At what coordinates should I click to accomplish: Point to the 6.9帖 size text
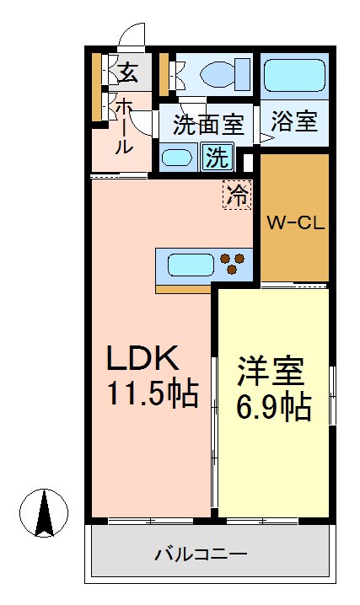(272, 407)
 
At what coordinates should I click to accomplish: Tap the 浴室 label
(294, 122)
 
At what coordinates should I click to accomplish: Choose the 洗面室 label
(208, 126)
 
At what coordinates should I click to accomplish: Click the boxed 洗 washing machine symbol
(218, 157)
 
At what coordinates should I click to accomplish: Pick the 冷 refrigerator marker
(238, 196)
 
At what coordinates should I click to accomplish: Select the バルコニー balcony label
(201, 554)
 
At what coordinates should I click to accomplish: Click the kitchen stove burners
(235, 265)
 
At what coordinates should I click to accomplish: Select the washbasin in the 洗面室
(177, 158)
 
